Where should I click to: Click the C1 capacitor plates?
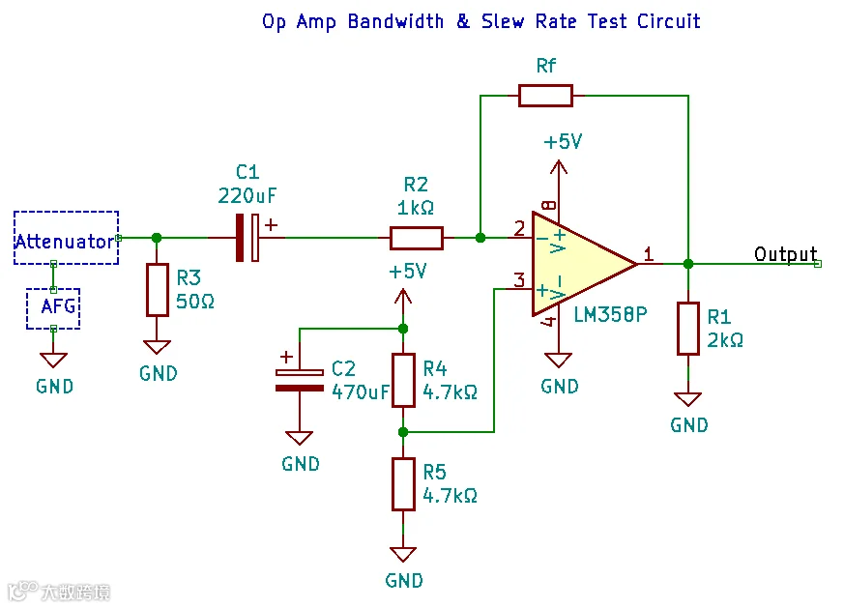247,238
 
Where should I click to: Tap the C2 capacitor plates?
300,380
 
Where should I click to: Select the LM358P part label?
610,315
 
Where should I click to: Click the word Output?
785,253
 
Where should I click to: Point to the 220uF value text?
247,196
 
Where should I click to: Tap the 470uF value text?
360,392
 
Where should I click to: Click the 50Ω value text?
195,302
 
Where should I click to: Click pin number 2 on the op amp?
519,229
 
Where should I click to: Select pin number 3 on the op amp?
519,279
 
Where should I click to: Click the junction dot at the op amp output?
688,264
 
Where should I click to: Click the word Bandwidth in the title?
395,21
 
